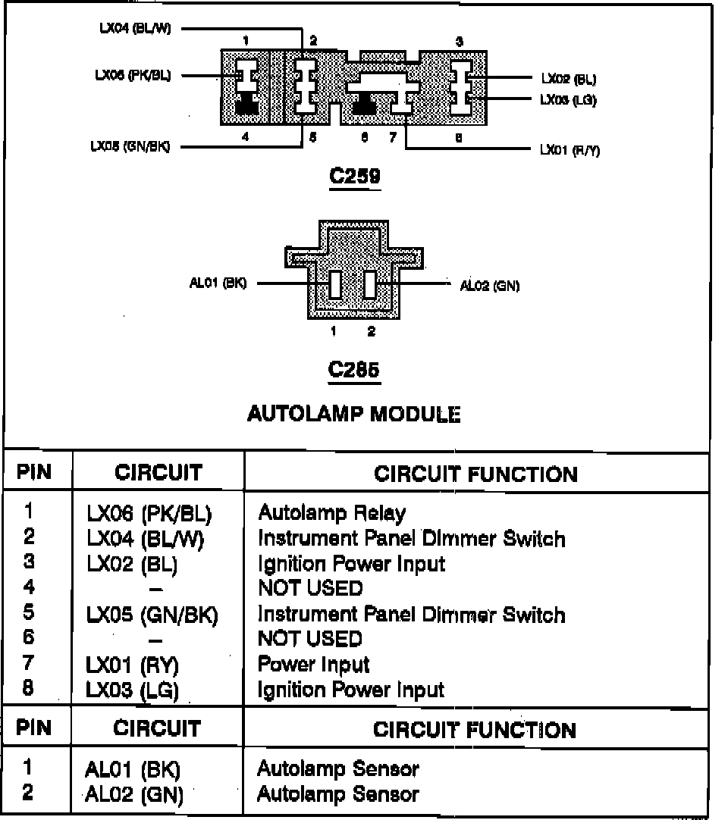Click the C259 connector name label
[x=355, y=176]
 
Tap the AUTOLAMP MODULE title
[x=354, y=414]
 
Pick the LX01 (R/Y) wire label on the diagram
[x=570, y=150]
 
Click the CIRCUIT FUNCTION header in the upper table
[x=475, y=474]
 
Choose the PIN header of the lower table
[x=34, y=728]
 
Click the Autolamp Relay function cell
[x=331, y=513]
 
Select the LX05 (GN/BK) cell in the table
[x=152, y=615]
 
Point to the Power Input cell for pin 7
[x=313, y=665]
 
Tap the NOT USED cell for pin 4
[x=310, y=588]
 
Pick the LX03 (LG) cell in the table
[x=137, y=690]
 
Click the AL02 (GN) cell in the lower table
[x=135, y=794]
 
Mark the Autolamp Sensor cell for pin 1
[x=337, y=768]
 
